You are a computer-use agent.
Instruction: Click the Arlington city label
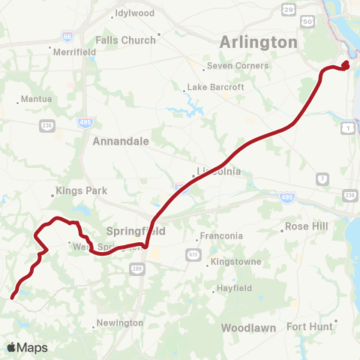258,42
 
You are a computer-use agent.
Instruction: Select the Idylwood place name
133,13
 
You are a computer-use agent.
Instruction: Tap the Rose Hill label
307,226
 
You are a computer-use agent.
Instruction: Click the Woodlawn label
250,328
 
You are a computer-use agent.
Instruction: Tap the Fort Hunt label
308,325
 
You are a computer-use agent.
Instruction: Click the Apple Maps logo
27,347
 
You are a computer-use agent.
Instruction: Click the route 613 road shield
193,255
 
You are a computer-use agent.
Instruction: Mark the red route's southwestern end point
12,298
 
